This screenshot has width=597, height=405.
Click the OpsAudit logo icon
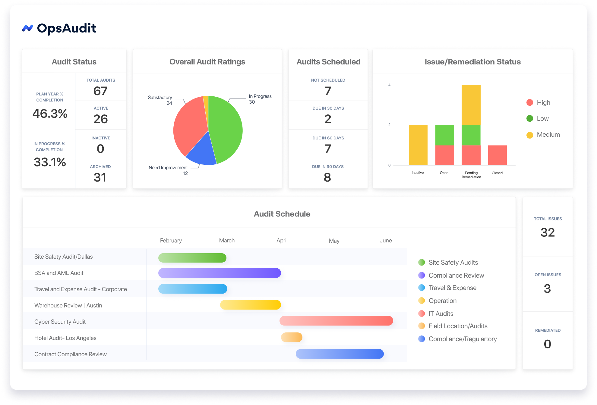point(27,28)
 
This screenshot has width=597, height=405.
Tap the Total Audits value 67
point(100,91)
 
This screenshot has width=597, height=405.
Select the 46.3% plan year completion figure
point(50,114)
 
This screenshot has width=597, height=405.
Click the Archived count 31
point(100,177)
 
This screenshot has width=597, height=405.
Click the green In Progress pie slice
point(226,129)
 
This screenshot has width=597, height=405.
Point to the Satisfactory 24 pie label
point(160,100)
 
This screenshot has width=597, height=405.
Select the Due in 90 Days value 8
point(327,177)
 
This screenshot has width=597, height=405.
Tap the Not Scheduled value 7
point(328,91)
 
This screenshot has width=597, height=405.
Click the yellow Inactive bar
point(418,145)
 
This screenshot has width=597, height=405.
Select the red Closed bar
point(497,155)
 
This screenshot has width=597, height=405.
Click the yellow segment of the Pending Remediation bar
point(471,105)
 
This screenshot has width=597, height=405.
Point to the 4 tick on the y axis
point(389,85)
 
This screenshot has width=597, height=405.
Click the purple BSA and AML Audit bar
point(220,273)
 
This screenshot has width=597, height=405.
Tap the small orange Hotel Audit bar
point(292,337)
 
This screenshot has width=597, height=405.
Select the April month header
point(282,241)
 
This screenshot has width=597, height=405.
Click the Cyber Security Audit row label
point(60,322)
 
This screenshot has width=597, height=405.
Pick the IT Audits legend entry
point(441,313)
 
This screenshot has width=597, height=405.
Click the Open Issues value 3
point(547,289)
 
